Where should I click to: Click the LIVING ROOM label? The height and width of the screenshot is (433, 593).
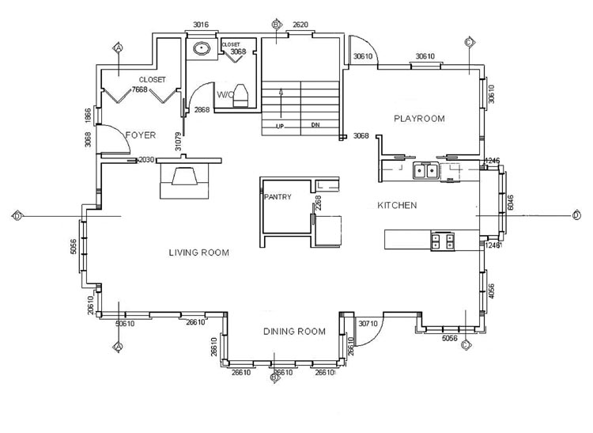point(198,253)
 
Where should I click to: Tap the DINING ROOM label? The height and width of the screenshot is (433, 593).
point(294,332)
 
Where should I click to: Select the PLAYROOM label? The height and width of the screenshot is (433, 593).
point(419,119)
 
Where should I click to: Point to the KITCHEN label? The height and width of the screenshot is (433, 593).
point(397,206)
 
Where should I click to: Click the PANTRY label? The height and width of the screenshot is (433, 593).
point(279,197)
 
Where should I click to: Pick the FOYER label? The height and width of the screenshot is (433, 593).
point(140,135)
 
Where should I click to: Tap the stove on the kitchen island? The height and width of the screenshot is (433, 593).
point(443,241)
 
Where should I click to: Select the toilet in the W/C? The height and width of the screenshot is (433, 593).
point(243,94)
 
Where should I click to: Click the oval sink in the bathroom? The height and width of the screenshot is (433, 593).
point(201,48)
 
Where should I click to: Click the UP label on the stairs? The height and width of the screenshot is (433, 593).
point(279,125)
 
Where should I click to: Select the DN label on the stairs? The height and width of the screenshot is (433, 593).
point(315,125)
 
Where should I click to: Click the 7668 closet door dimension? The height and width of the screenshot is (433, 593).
point(139,90)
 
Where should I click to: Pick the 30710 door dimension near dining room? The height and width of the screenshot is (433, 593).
point(368,323)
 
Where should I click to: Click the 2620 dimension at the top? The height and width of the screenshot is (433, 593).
point(300,25)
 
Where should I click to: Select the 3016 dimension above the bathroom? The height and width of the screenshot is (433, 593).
point(201,25)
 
